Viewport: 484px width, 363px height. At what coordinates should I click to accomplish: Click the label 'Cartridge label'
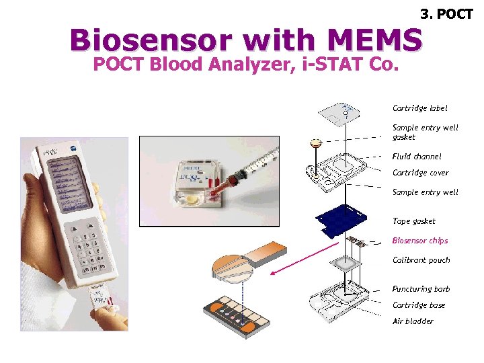click(x=419, y=108)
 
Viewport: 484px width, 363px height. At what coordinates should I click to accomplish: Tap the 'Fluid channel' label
click(x=417, y=157)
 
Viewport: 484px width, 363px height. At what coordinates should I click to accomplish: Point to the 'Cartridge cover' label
click(x=420, y=173)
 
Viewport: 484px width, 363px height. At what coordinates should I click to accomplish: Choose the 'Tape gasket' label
click(x=413, y=221)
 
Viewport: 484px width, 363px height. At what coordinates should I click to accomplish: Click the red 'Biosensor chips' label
click(x=419, y=241)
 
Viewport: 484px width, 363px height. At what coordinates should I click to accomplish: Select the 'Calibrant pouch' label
click(x=421, y=260)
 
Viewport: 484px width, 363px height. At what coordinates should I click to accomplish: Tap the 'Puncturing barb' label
click(x=421, y=289)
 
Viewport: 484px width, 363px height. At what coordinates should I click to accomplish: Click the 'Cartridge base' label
click(x=418, y=305)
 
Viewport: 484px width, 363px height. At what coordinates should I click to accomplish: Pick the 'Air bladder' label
click(x=413, y=321)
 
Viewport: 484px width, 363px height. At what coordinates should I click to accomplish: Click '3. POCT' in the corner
click(x=446, y=13)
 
